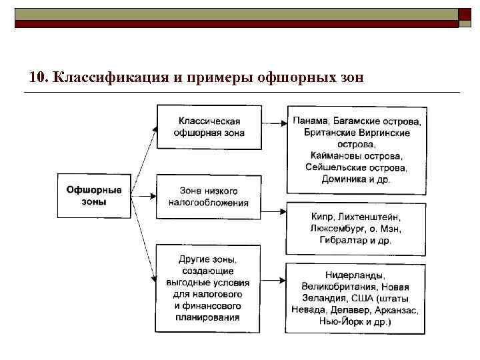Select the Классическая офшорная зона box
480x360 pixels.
[209, 127]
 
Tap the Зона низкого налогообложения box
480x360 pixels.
[209, 197]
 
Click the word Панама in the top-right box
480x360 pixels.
[310, 121]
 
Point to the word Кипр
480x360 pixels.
[323, 217]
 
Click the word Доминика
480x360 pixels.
[344, 179]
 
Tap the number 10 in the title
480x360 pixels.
[38, 76]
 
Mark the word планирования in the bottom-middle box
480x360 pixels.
[209, 317]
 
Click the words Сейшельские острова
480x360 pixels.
[356, 167]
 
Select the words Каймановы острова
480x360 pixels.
[356, 155]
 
